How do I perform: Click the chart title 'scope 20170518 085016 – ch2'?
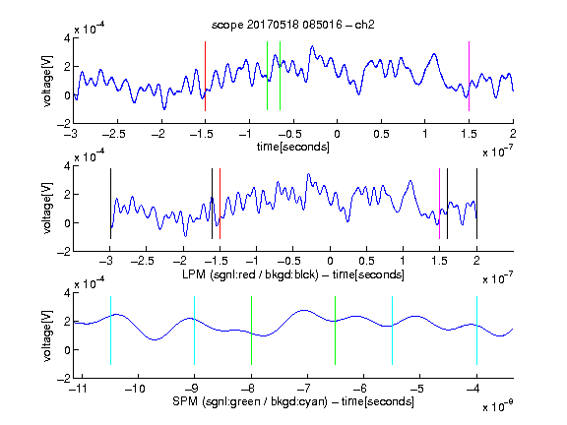[293, 25]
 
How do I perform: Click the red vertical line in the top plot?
[205, 76]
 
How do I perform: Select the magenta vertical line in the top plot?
[469, 76]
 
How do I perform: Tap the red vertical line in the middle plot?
[220, 204]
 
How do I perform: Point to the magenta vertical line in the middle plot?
[439, 204]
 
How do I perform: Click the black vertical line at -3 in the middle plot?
[110, 204]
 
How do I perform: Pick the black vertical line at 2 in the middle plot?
[476, 204]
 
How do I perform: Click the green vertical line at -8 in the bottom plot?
[251, 331]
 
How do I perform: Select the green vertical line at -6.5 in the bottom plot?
[336, 331]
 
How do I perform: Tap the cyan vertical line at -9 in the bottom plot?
[194, 331]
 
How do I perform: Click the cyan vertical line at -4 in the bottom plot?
[476, 331]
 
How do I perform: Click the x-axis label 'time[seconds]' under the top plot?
[293, 147]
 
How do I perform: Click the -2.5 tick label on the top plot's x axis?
[114, 134]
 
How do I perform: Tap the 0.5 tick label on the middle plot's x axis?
[366, 261]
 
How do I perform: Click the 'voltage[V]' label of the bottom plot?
[47, 335]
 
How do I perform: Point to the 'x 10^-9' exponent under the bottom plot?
[497, 405]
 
